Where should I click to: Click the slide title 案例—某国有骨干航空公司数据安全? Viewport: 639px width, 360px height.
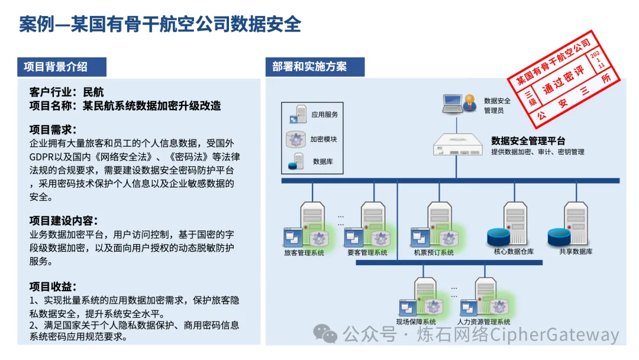pos(160,25)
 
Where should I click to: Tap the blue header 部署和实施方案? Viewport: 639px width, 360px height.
pos(309,67)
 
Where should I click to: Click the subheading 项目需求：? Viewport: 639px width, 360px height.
pos(53,130)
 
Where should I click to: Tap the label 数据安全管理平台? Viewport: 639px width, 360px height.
pos(528,141)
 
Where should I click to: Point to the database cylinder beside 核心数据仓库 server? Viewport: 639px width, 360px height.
pos(498,237)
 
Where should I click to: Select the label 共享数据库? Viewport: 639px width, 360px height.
pos(576,252)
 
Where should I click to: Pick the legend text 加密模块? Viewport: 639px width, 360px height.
pos(324,139)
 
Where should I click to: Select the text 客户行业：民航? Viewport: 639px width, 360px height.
pos(66,92)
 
